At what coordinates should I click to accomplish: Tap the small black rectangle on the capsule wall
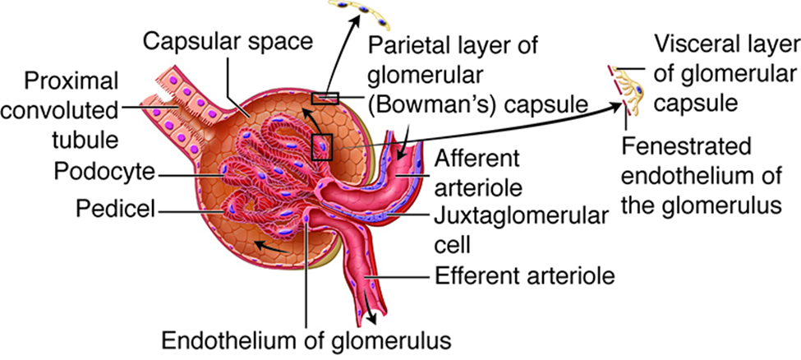[x=325, y=98]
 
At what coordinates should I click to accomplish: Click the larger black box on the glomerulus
[x=321, y=146]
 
